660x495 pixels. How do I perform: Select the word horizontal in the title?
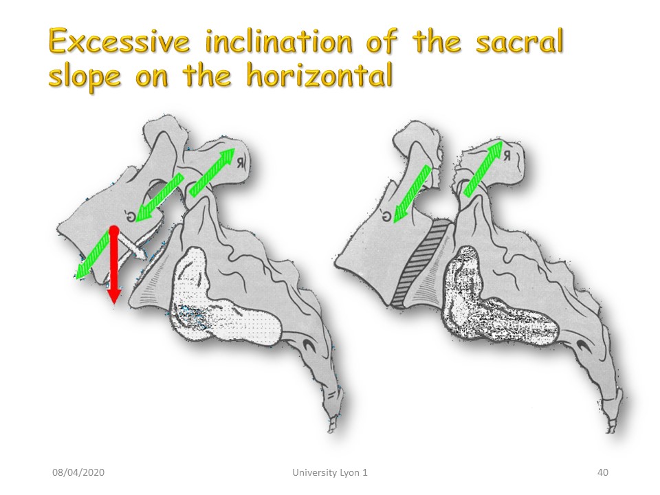(x=320, y=76)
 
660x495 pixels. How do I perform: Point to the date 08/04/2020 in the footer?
(x=78, y=472)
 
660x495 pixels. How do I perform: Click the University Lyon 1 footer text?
(x=330, y=472)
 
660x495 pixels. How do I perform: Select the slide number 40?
(x=603, y=472)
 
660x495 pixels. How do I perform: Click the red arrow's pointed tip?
(x=113, y=302)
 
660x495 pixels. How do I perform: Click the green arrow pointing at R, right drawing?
(x=483, y=168)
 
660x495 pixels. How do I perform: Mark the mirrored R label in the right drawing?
(x=507, y=156)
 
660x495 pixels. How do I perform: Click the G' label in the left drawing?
(x=131, y=216)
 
